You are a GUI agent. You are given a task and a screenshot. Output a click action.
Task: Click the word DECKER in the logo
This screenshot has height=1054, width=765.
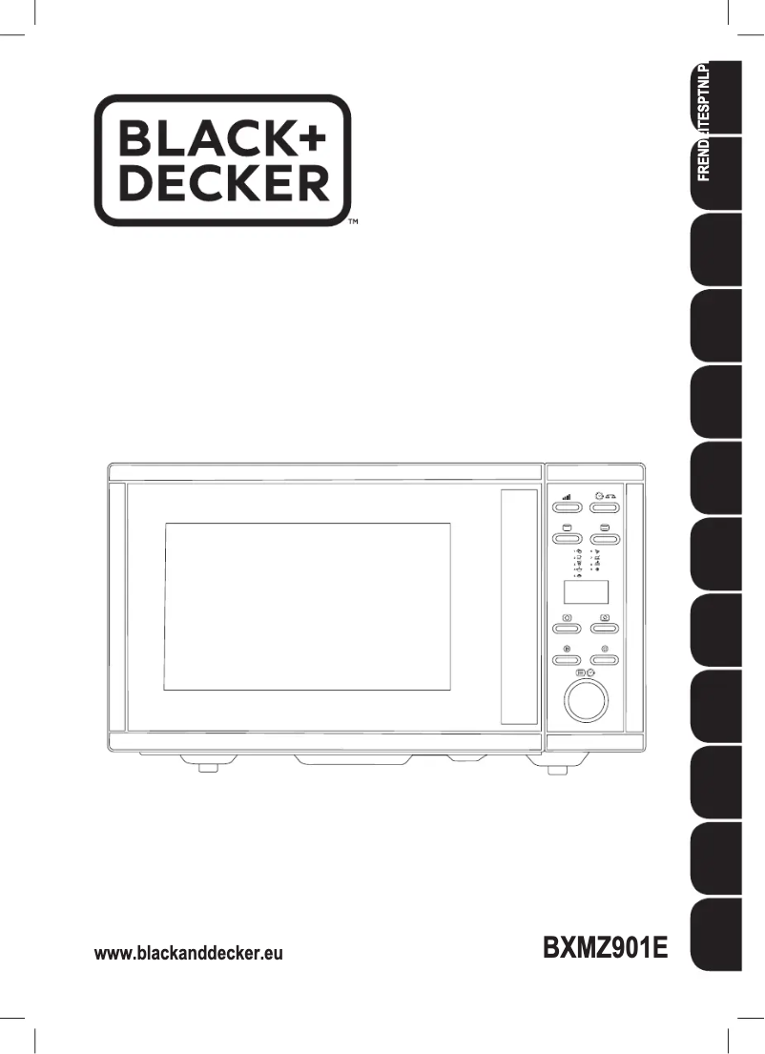[222, 184]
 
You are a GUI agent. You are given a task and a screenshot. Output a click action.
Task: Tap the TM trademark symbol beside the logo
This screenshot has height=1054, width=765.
[353, 222]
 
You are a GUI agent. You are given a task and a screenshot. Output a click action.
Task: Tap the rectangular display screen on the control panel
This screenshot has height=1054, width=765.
[587, 593]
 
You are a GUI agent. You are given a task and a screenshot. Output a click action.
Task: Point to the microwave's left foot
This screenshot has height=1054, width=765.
[207, 765]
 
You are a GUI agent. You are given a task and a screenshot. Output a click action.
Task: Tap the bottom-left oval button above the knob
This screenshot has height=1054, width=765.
[568, 659]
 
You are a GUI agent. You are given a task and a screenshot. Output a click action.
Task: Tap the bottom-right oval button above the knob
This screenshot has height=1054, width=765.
[605, 659]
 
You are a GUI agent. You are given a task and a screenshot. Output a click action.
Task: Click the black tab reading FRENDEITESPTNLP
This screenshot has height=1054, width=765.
[715, 134]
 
